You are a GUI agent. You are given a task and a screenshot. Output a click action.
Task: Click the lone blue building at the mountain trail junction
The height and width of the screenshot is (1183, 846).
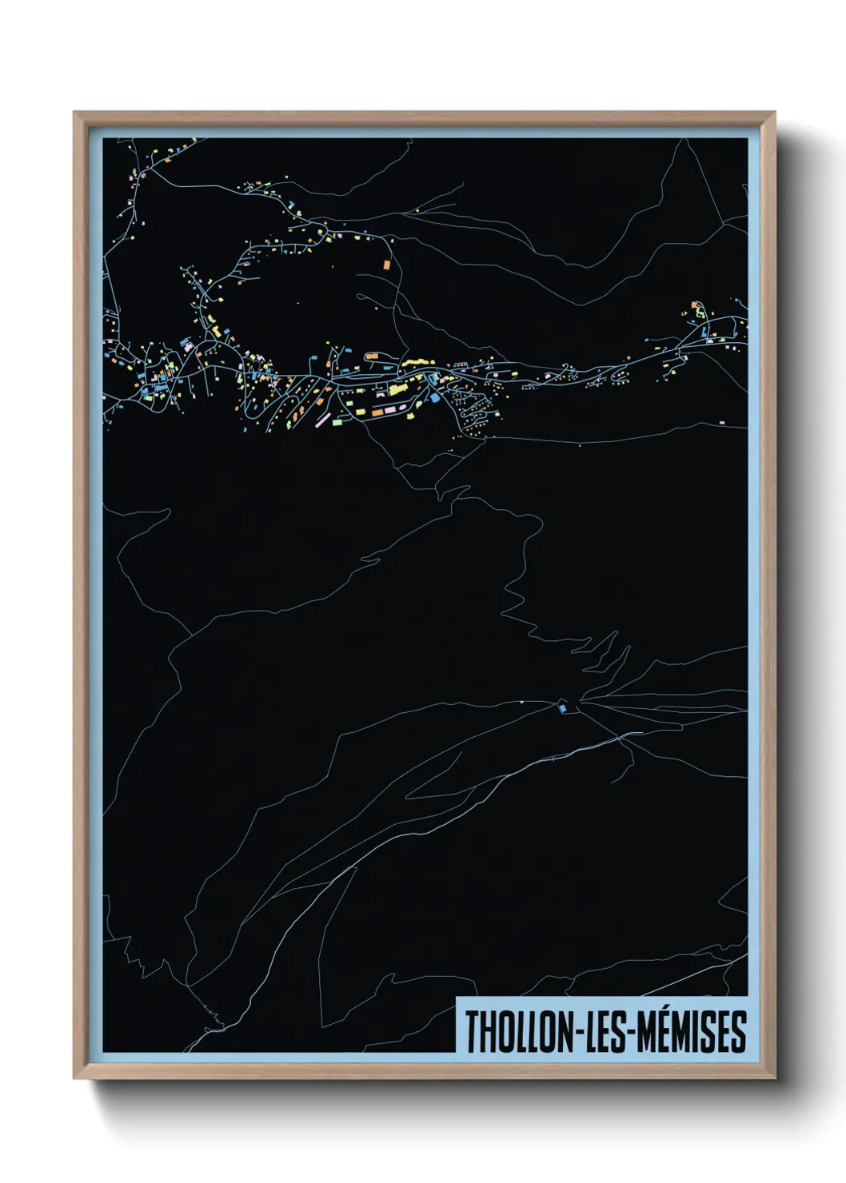[x=563, y=707]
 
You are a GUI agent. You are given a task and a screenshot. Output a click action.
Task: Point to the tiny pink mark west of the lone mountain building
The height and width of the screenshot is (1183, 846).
[x=521, y=701]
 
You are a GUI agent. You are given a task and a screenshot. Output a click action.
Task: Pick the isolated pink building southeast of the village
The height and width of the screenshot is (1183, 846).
[x=722, y=421]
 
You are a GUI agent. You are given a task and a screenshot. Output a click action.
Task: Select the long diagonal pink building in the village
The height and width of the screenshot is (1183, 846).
[x=323, y=419]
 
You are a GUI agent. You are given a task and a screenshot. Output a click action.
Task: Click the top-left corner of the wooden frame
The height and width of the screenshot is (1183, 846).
[x=74, y=113]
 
